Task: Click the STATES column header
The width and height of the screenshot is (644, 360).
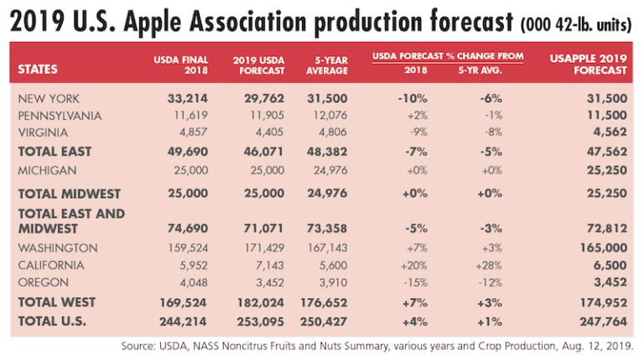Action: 39,70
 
